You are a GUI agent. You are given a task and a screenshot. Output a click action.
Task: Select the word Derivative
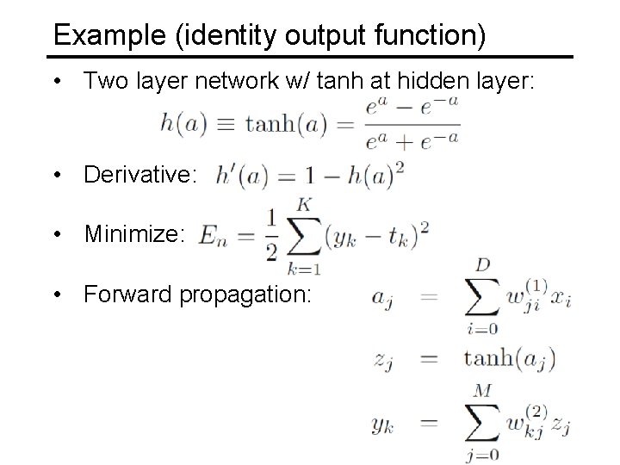click(140, 175)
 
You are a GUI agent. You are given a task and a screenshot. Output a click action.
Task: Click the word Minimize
click(133, 235)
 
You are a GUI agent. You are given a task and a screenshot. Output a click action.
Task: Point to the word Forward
click(127, 294)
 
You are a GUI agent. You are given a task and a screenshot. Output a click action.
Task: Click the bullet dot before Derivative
click(57, 176)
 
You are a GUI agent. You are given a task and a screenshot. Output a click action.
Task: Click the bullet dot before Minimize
click(57, 235)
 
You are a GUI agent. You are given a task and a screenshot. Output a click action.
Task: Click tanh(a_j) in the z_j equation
click(509, 358)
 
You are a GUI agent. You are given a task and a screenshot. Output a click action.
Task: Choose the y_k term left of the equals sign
click(384, 423)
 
